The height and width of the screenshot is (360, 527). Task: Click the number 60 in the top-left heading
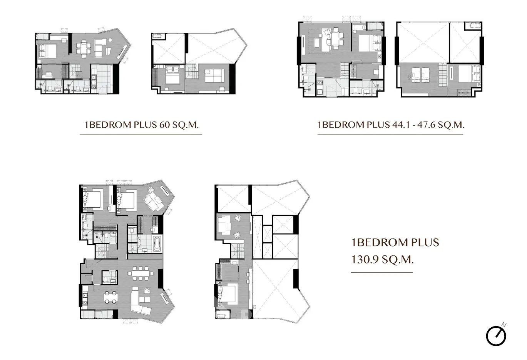pos(164,125)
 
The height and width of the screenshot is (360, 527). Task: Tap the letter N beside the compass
pos(504,325)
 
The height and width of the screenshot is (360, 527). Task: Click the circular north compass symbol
pos(496,336)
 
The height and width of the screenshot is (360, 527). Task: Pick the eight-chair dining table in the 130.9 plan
pos(141,273)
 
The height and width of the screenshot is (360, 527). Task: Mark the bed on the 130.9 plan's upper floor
pos(227,294)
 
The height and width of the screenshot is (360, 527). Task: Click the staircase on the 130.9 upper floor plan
pos(238,251)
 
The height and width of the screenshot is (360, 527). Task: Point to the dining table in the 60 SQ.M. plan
pos(84,48)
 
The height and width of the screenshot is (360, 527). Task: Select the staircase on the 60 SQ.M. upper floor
pos(191,71)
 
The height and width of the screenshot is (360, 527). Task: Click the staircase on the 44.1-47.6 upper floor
pos(443,75)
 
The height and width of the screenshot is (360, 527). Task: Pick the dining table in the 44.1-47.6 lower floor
pos(335,39)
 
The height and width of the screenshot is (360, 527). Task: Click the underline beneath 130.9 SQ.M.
pos(382,272)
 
